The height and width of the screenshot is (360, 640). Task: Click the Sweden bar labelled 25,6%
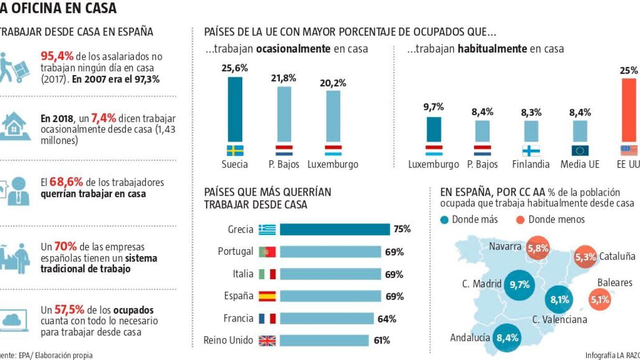(x=235, y=109)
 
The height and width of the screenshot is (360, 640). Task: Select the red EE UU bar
(x=629, y=110)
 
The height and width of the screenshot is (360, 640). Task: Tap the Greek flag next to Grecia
(x=267, y=229)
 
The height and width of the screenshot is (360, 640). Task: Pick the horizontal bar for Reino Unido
(x=324, y=340)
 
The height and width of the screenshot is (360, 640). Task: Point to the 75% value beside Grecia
(x=402, y=229)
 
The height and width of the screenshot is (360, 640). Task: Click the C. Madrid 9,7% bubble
(x=519, y=285)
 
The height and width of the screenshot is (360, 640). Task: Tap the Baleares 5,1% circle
(x=600, y=299)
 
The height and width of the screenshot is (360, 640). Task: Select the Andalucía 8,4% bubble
(x=507, y=338)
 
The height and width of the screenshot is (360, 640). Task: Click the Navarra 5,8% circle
(x=538, y=248)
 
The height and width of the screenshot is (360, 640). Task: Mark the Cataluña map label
(x=617, y=256)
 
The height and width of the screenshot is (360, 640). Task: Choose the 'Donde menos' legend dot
(x=520, y=220)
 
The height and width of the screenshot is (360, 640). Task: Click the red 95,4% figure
(x=57, y=56)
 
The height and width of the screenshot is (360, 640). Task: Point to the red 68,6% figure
(x=66, y=182)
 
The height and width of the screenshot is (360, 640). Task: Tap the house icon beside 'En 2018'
(x=14, y=126)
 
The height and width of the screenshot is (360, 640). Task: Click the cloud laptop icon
(x=14, y=320)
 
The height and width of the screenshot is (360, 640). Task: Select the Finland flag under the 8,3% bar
(x=531, y=151)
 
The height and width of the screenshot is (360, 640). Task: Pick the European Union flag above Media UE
(x=580, y=151)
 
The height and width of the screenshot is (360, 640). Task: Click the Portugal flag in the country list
(x=267, y=252)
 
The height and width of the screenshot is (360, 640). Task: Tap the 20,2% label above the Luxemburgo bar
(x=333, y=83)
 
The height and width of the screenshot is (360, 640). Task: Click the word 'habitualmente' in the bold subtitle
(x=492, y=49)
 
